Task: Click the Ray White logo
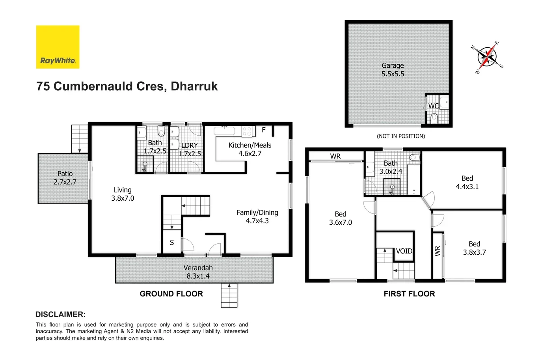(x=58, y=47)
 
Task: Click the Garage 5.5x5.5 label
(x=393, y=70)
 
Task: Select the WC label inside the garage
(x=433, y=106)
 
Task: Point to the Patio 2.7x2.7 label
(x=65, y=178)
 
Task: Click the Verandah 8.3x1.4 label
(x=198, y=272)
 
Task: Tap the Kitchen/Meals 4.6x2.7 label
(x=250, y=149)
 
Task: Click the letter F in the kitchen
(x=264, y=130)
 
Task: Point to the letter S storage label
(x=172, y=242)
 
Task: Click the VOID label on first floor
(x=404, y=251)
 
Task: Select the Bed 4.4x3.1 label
(x=467, y=183)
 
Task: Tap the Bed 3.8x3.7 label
(x=474, y=248)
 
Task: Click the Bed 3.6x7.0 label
(x=341, y=218)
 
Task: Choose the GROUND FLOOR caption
(x=171, y=294)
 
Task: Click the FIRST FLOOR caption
(x=409, y=294)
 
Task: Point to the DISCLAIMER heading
(x=60, y=314)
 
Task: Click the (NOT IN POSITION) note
(x=400, y=136)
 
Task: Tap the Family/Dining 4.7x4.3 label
(x=257, y=216)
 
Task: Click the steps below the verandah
(x=229, y=295)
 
